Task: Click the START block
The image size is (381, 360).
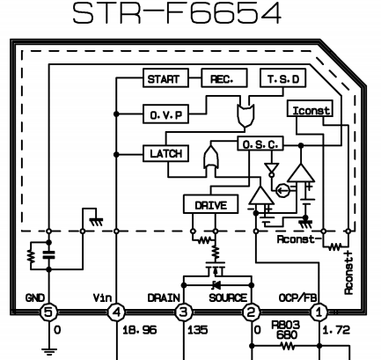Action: coord(165,78)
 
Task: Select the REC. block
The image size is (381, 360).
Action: coord(224,78)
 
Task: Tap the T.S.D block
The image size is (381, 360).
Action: coord(283,78)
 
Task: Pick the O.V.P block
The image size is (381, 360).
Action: coord(165,114)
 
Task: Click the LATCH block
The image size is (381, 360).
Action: coord(165,153)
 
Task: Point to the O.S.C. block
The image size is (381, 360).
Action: coord(260,143)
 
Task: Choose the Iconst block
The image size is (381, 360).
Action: coord(310,108)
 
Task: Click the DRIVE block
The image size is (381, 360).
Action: coord(210,204)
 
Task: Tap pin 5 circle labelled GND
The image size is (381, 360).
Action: coord(48,312)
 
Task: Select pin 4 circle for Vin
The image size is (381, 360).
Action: coord(116,312)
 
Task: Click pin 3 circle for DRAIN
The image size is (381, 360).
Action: coord(184,312)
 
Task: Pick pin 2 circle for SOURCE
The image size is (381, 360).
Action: coord(252,312)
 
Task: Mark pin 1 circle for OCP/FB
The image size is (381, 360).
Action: coord(319,312)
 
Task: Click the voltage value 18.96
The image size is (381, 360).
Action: coord(140,330)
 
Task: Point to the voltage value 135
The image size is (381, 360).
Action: coord(197,330)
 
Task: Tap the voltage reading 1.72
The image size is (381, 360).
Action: coord(336,330)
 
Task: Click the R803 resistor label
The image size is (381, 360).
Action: coord(286,325)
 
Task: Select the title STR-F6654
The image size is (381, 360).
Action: coord(177,13)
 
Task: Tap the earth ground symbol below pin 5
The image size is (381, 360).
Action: coord(48,351)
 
